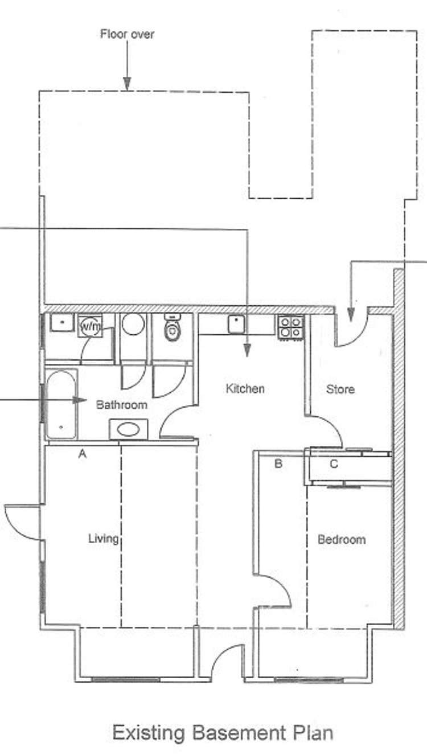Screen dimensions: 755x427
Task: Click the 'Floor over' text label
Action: [x=127, y=34]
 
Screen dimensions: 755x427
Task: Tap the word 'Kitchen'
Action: [x=245, y=389]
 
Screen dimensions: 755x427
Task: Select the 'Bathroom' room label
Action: [x=121, y=405]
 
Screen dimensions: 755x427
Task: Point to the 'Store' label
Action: [x=340, y=389]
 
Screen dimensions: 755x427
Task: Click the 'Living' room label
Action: [x=103, y=538]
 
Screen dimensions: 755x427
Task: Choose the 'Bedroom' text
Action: [x=341, y=539]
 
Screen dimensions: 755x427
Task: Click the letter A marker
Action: [x=82, y=454]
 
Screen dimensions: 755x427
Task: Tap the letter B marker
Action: [x=278, y=463]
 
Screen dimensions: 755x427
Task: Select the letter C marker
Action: [x=334, y=463]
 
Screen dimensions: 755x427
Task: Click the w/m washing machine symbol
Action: [x=90, y=326]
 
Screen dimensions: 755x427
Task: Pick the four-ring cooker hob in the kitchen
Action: [x=291, y=327]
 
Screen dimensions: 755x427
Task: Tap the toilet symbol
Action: [x=173, y=328]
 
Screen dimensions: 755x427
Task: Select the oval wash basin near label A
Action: [x=129, y=429]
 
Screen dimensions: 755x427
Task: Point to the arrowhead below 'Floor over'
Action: [x=127, y=85]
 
